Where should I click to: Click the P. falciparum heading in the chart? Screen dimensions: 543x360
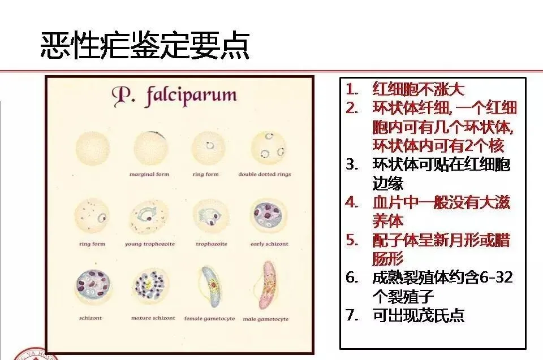tap(174, 96)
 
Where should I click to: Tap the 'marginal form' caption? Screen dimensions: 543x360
tap(149, 174)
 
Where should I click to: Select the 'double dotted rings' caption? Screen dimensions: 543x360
tap(265, 174)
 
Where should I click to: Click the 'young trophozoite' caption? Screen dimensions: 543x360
tap(150, 244)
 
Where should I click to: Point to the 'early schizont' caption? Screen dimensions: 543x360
tap(269, 244)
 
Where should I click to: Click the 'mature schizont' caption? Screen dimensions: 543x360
tap(153, 318)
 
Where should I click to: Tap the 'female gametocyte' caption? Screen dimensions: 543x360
tap(209, 319)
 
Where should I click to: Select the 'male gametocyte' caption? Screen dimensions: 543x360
tap(266, 319)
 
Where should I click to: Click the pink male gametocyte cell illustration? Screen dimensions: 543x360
tap(268, 285)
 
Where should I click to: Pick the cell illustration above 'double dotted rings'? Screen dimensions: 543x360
tap(268, 146)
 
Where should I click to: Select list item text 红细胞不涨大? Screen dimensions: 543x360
tap(419, 89)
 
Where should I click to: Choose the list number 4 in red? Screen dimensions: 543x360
tap(352, 202)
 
